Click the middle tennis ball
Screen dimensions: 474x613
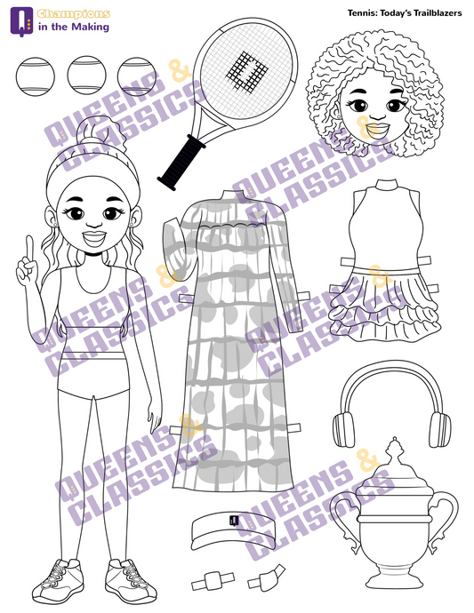(x=86, y=76)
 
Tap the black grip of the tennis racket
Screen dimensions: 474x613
(x=181, y=163)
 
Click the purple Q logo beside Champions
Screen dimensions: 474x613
(x=22, y=21)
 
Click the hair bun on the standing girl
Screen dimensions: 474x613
(x=102, y=135)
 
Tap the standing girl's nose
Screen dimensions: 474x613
(x=94, y=223)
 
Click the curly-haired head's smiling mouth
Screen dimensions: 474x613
(x=377, y=129)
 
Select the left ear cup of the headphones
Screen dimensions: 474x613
(x=343, y=430)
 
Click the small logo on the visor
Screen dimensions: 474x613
(x=234, y=521)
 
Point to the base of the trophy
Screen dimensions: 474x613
(x=394, y=578)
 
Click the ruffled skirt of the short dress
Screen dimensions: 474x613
(x=385, y=305)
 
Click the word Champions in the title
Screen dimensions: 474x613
(x=74, y=14)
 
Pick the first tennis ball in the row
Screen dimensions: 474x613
(x=36, y=76)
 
